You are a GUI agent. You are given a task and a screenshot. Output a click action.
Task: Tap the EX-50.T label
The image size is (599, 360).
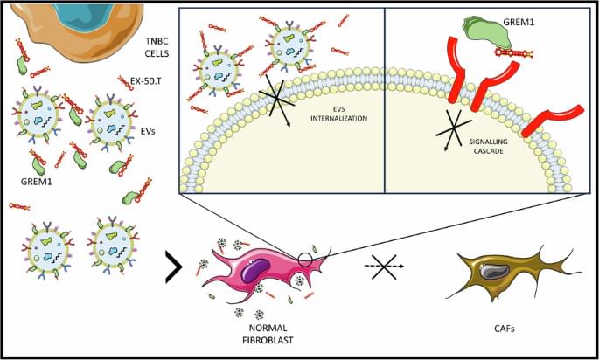pyautogui.click(x=146, y=80)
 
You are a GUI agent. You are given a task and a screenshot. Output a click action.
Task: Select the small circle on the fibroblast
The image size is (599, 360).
pyautogui.click(x=304, y=259)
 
